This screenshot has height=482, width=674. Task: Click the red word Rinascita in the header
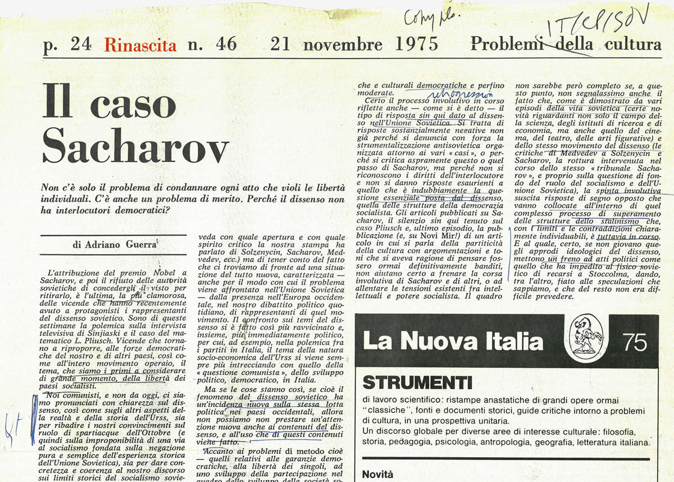click(140, 44)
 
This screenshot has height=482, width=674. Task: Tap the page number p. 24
click(67, 45)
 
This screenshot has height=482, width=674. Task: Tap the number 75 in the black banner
click(635, 342)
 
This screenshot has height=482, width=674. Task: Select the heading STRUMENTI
click(418, 382)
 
